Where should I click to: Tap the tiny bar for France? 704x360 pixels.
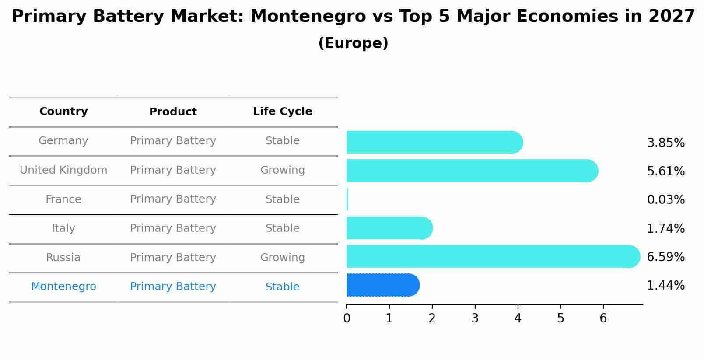pos(347,199)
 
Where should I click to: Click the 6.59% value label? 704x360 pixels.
pos(665,257)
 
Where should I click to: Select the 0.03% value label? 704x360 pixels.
pos(665,200)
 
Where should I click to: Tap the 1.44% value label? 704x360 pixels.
pos(665,286)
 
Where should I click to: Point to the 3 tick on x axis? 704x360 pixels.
pos(475,318)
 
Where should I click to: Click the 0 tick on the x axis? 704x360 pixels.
pos(347,318)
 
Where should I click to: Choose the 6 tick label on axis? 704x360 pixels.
pos(603,318)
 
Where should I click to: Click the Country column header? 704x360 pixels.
pos(63,112)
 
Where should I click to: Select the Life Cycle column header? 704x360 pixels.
pos(282,112)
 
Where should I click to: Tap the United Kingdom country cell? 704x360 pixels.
pos(63,170)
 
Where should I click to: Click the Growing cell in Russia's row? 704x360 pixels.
pos(282,258)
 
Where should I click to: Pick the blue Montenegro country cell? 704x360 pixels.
pos(63,287)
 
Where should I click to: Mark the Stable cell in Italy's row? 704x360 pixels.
pos(282,228)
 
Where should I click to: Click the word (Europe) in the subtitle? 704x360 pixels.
pos(353,43)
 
